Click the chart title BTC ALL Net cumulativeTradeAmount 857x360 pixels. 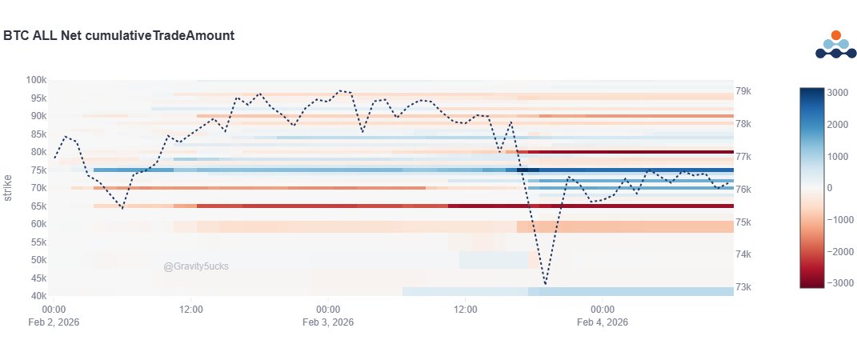point(118,35)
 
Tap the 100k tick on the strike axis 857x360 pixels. point(35,80)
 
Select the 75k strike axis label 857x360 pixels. point(37,170)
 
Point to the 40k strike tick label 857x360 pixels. point(37,296)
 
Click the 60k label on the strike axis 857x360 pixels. point(37,224)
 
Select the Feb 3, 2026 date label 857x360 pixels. point(328,322)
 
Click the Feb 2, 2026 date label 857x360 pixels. point(54,322)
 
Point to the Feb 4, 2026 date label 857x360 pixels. point(602,322)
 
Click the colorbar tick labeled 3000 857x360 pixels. point(839,93)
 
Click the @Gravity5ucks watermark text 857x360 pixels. point(196,266)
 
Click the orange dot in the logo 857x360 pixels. point(836,35)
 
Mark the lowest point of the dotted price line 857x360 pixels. point(546,284)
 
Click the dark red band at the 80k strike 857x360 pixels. point(632,152)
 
